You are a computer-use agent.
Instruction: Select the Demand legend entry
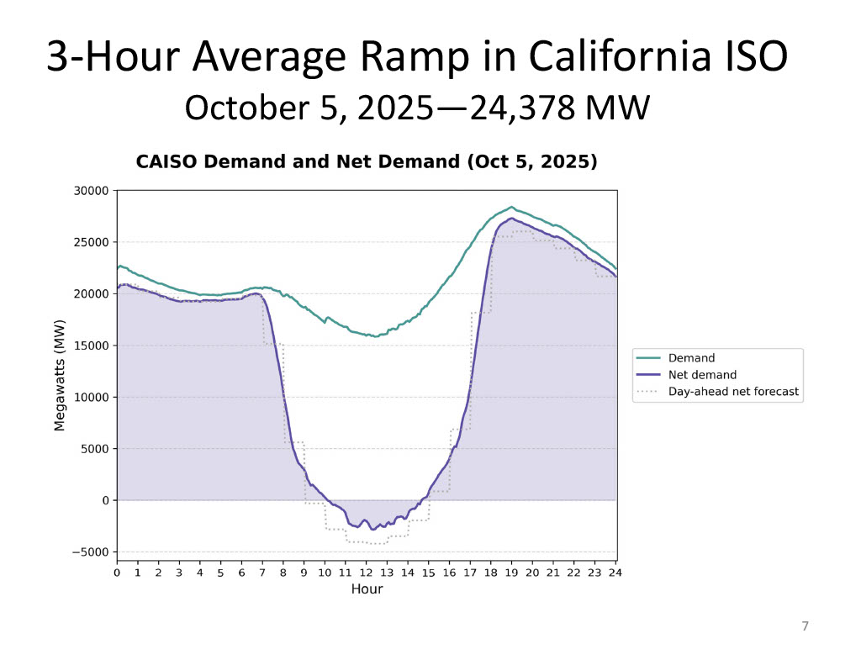pyautogui.click(x=691, y=358)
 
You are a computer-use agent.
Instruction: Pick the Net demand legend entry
pyautogui.click(x=702, y=375)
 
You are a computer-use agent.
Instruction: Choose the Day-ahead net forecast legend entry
pyautogui.click(x=732, y=391)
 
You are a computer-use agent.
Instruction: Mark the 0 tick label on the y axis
pyautogui.click(x=106, y=500)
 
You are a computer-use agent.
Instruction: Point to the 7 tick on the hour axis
pyautogui.click(x=262, y=573)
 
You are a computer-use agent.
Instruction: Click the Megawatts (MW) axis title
pyautogui.click(x=60, y=376)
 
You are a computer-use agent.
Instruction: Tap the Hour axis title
pyautogui.click(x=367, y=588)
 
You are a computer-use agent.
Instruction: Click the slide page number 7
pyautogui.click(x=805, y=625)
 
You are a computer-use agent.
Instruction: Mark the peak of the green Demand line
pyautogui.click(x=511, y=207)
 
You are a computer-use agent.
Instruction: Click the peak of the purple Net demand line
pyautogui.click(x=511, y=219)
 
